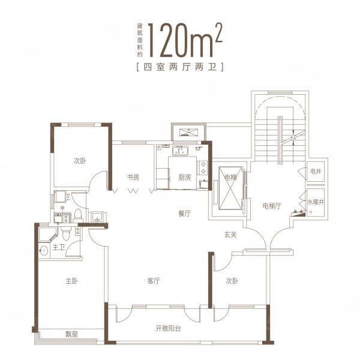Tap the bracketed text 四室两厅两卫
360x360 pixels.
pyautogui.click(x=180, y=67)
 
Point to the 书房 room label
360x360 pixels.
pyautogui.click(x=133, y=178)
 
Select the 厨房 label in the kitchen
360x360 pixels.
pyautogui.click(x=184, y=178)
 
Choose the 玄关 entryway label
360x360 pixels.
pyautogui.click(x=231, y=235)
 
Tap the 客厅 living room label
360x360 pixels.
pyautogui.click(x=154, y=281)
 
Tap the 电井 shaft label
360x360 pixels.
pyautogui.click(x=316, y=172)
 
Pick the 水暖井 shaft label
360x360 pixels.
pyautogui.click(x=316, y=203)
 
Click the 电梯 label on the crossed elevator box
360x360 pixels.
pyautogui.click(x=230, y=178)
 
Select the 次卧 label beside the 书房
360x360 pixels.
pyautogui.click(x=81, y=161)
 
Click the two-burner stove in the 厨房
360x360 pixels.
pyautogui.click(x=204, y=170)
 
